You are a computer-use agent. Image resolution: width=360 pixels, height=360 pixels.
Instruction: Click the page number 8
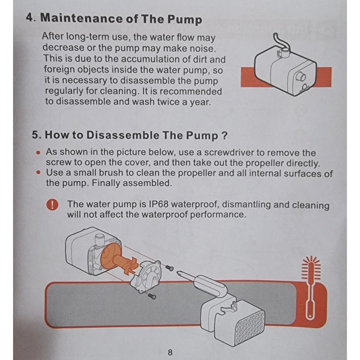(x=170, y=352)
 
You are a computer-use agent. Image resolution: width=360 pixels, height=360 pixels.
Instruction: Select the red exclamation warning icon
(x=52, y=204)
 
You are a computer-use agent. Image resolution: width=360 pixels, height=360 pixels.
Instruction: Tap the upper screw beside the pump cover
(x=170, y=268)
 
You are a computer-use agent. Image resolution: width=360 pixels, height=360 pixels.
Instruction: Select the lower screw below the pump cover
(x=152, y=296)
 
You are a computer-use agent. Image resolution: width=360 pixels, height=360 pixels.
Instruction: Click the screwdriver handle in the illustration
(x=211, y=286)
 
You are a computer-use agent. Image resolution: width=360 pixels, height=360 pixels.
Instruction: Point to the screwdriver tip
(x=177, y=273)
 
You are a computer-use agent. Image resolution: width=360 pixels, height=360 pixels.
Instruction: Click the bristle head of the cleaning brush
(x=311, y=268)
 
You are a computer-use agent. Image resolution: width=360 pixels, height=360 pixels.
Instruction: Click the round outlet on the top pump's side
(x=301, y=76)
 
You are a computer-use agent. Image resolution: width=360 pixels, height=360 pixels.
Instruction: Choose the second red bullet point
(x=39, y=172)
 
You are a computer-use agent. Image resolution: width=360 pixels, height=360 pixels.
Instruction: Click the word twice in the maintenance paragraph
(x=168, y=102)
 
